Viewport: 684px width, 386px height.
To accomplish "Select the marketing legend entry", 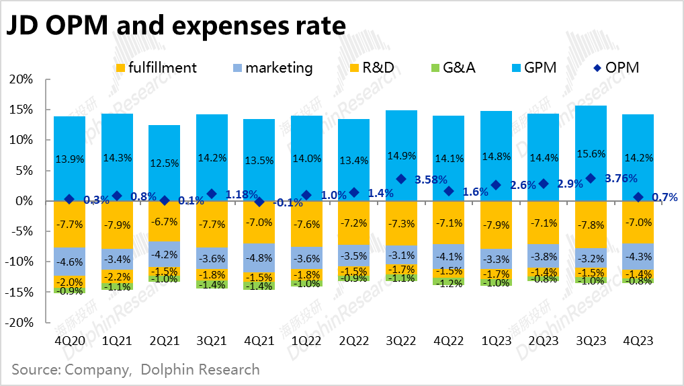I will pos(271,67).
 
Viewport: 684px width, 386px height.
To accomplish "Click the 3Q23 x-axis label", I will pos(591,341).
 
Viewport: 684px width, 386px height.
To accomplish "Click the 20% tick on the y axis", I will pos(19,79).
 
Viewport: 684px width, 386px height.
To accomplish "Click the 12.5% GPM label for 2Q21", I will pos(165,163).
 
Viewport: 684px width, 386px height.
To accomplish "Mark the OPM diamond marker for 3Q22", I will pos(401,179).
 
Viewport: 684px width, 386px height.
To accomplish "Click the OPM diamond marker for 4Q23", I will pos(638,197).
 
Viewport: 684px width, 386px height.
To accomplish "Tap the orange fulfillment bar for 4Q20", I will pos(70,223).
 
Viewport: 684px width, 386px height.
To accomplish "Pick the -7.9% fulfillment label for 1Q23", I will pos(496,223).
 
